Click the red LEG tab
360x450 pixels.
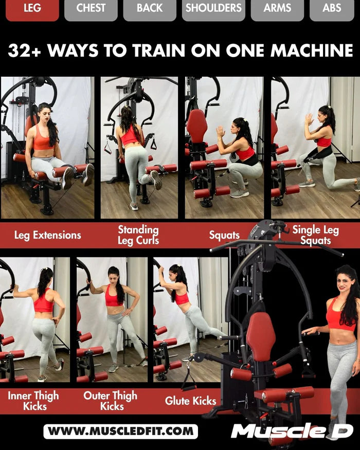32,9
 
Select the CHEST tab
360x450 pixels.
91,9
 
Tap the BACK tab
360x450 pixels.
150,9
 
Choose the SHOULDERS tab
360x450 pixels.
213,9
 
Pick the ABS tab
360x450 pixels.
332,9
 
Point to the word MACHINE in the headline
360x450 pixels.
312,50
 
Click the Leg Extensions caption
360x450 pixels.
47,236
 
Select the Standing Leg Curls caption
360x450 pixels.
138,235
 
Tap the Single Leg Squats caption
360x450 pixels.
315,235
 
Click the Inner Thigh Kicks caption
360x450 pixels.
33,401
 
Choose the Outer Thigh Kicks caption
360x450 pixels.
111,401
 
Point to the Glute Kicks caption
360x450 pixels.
191,401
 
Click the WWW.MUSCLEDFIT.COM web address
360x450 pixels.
120,431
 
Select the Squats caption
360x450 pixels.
224,236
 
